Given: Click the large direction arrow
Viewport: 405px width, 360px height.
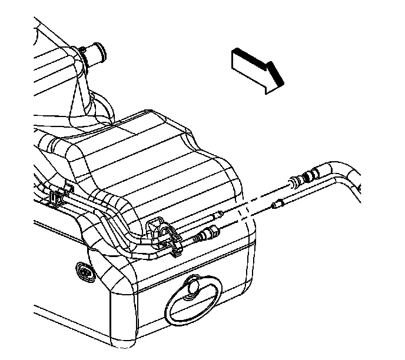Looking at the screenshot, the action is [254, 70].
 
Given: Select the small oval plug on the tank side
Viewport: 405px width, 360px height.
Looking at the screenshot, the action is [84, 272].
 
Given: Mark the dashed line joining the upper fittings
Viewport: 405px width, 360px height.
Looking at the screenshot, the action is [253, 197].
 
